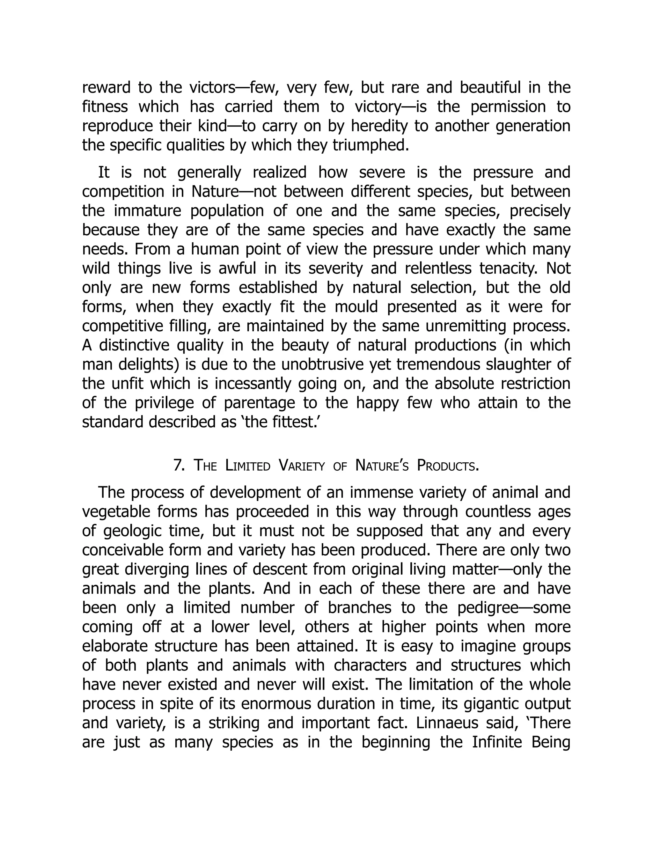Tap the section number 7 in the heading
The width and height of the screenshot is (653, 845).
tap(178, 466)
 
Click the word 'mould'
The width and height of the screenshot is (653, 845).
tap(356, 307)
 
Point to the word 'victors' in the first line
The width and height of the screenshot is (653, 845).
tap(212, 88)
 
